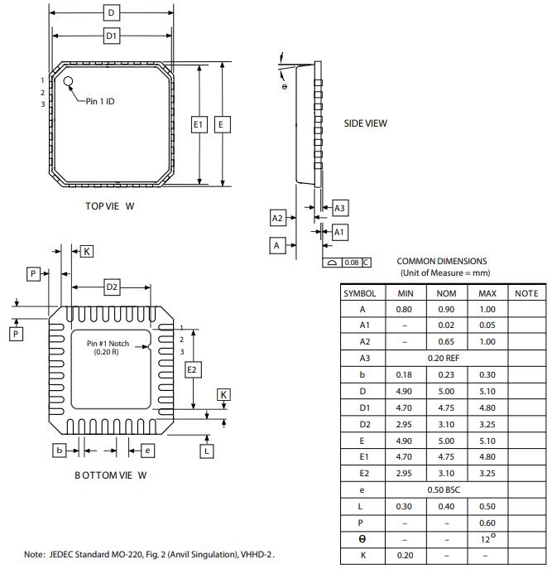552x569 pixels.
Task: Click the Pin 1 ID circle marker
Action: pyautogui.click(x=69, y=82)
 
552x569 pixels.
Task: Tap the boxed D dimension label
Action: pyautogui.click(x=112, y=12)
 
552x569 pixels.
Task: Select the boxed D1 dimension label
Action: pyautogui.click(x=112, y=36)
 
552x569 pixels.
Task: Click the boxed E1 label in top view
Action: pyautogui.click(x=198, y=124)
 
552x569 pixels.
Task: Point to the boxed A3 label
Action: pyautogui.click(x=339, y=209)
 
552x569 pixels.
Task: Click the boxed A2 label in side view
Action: pyautogui.click(x=278, y=218)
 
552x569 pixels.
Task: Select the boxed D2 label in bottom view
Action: pyautogui.click(x=112, y=287)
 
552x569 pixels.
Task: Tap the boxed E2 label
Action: pyautogui.click(x=192, y=369)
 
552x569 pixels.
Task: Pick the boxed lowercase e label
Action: pyautogui.click(x=147, y=450)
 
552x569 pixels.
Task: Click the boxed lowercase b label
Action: pyautogui.click(x=60, y=450)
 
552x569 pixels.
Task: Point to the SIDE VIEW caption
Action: pyautogui.click(x=365, y=123)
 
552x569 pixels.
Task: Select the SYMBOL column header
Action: pyautogui.click(x=360, y=293)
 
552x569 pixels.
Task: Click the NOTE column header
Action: pyautogui.click(x=526, y=293)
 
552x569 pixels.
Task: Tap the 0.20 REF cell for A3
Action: pyautogui.click(x=444, y=358)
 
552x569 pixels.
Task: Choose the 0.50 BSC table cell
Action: pyautogui.click(x=444, y=490)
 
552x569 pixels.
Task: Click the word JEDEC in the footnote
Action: pyautogui.click(x=63, y=554)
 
